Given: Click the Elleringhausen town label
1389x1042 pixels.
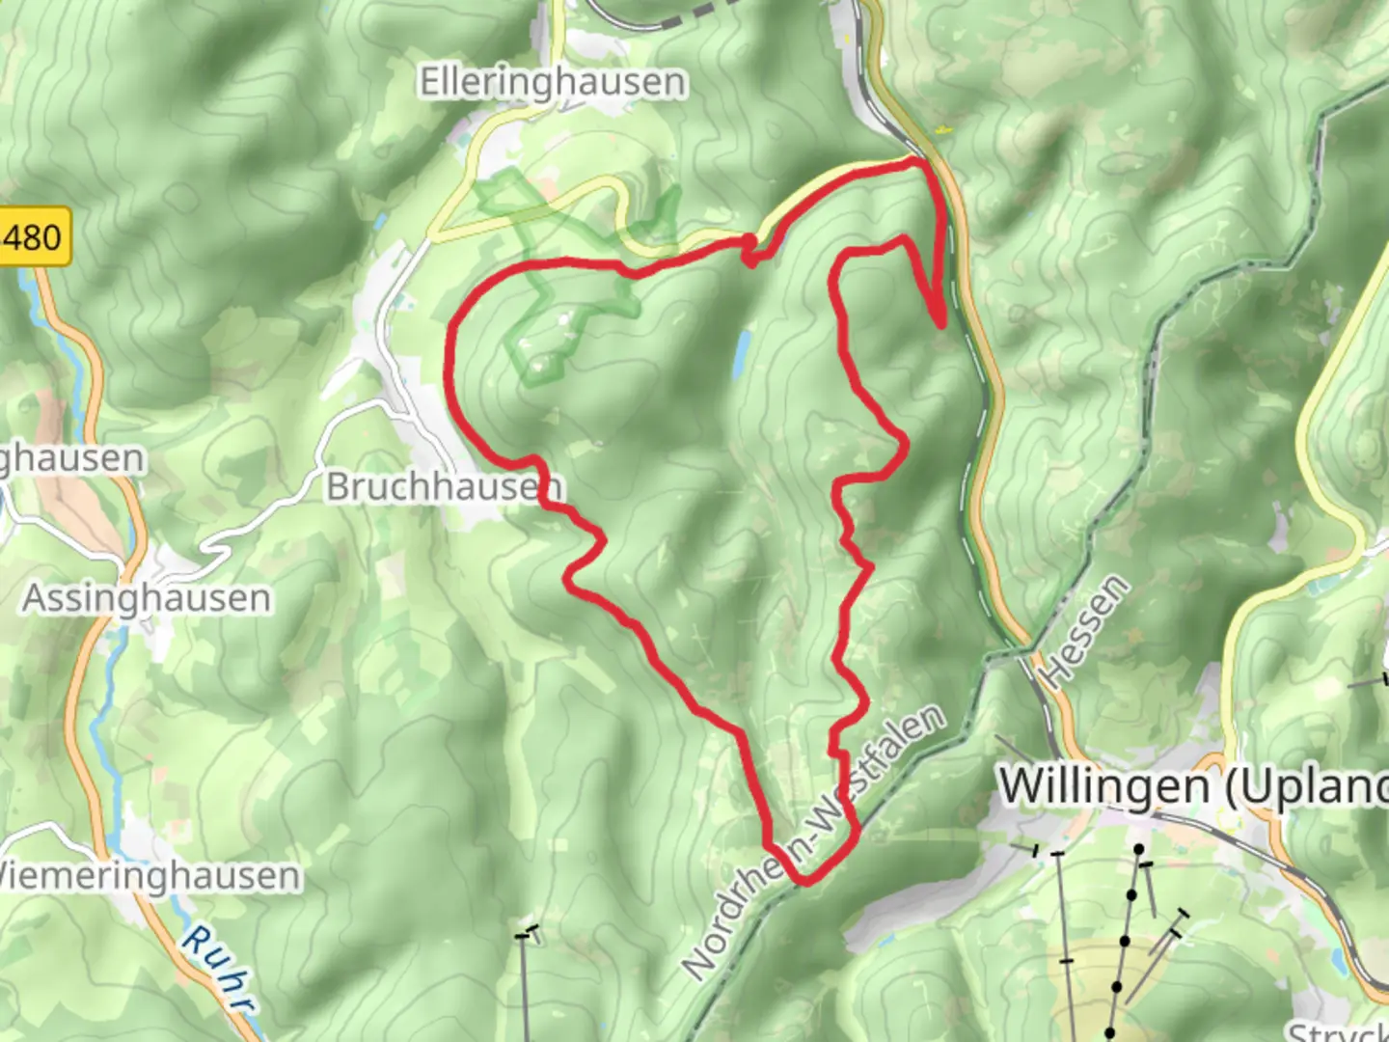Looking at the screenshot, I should pos(553,82).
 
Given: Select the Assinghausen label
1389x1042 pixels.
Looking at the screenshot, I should pos(147,598).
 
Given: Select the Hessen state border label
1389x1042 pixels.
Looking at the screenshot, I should pos(1086,632).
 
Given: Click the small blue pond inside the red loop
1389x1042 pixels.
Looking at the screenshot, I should pos(742,354).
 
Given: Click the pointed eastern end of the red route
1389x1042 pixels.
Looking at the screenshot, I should pos(940,325).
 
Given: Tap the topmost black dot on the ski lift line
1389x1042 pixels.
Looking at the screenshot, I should pos(1139,850).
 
